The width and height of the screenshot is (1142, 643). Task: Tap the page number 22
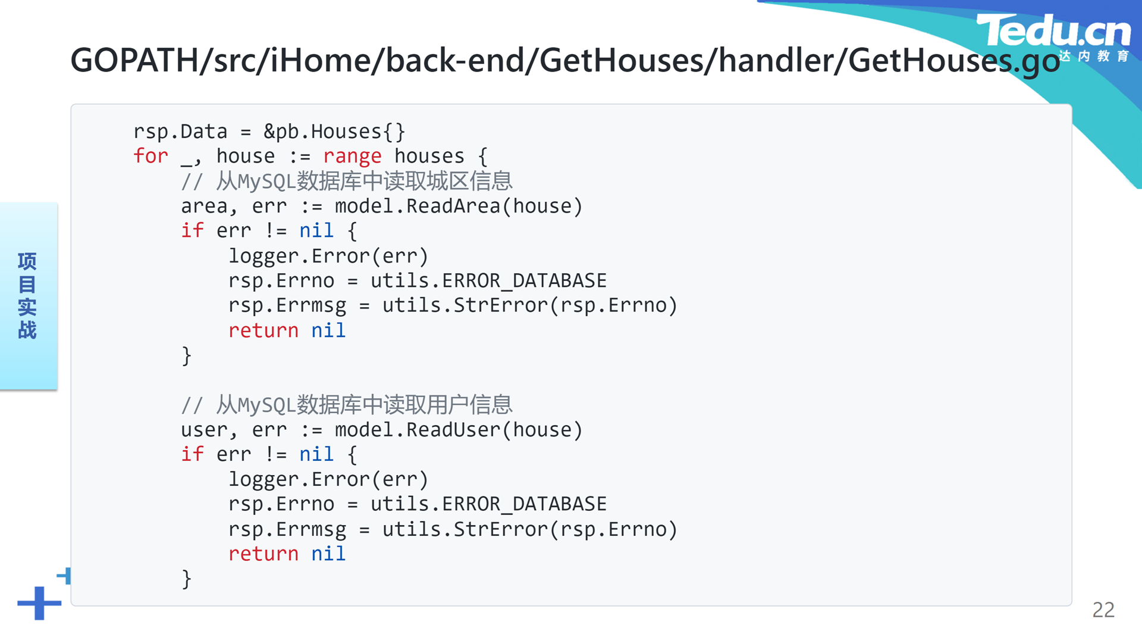point(1103,610)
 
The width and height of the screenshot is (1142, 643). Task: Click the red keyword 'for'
point(150,156)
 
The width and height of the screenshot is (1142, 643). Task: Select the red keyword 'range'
point(352,157)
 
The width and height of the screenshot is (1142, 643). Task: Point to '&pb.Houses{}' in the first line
point(334,132)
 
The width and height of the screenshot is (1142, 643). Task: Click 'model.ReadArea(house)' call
point(459,206)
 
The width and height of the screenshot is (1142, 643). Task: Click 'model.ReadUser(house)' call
point(459,430)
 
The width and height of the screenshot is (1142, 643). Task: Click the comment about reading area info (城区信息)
point(347,181)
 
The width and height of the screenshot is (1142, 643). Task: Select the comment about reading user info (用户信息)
point(347,405)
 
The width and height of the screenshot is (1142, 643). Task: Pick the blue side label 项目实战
point(27,295)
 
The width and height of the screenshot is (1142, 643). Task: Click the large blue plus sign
point(39,603)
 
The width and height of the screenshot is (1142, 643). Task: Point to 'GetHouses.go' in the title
point(954,61)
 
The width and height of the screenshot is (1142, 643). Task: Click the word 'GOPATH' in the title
point(134,60)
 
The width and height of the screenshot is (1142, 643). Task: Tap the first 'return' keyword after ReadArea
point(263,330)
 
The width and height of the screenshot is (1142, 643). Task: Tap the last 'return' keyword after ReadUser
point(263,554)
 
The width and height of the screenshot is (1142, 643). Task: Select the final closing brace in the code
point(187,579)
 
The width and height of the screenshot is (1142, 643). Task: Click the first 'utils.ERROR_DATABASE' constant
point(488,281)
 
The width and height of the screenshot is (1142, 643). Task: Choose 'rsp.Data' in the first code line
point(180,132)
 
